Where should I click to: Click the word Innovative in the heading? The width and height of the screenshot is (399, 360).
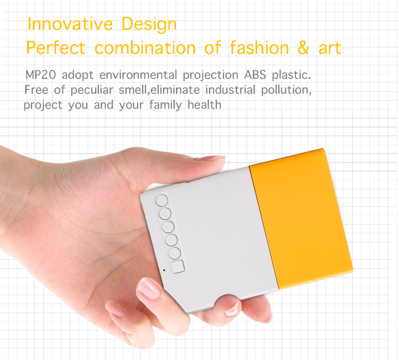[x=70, y=24]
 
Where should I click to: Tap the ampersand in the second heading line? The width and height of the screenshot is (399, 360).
[x=303, y=47]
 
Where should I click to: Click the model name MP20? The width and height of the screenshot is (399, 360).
[x=40, y=75]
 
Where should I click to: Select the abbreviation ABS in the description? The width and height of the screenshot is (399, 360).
[x=255, y=75]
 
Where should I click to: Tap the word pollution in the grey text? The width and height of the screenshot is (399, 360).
[x=286, y=90]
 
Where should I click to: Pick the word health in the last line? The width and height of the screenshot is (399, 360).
[x=204, y=105]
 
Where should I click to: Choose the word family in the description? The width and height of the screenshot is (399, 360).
[x=166, y=105]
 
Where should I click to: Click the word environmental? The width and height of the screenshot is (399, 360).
[x=138, y=75]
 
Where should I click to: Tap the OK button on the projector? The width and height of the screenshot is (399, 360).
[x=168, y=227]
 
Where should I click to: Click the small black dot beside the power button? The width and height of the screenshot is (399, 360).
[x=164, y=270]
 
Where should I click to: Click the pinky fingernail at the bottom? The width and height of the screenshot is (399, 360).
[x=118, y=309]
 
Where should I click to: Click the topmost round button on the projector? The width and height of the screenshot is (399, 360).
[x=162, y=200]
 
